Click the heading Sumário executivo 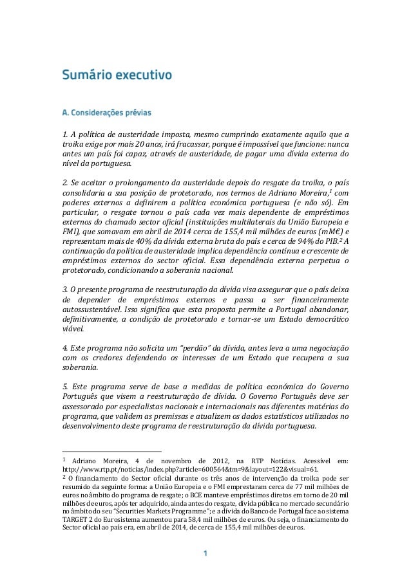[116, 75]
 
